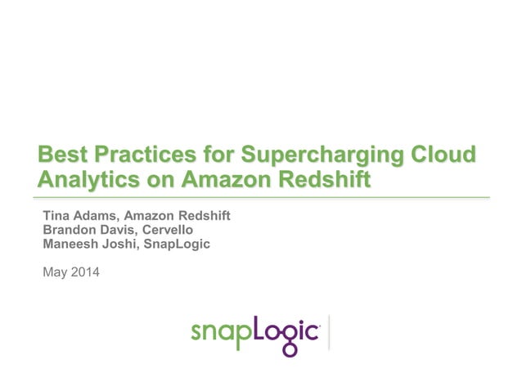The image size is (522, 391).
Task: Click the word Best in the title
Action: click(x=63, y=155)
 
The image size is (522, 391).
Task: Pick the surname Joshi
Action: click(x=124, y=244)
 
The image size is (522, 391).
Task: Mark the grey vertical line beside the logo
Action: click(x=329, y=332)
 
